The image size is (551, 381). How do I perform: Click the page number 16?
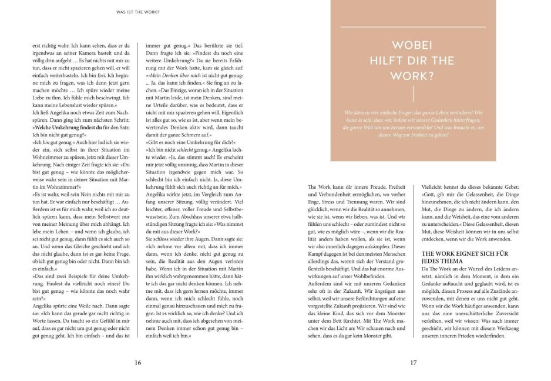point(138,363)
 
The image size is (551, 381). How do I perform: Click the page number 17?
point(413,363)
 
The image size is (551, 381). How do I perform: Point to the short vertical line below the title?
point(414,94)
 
